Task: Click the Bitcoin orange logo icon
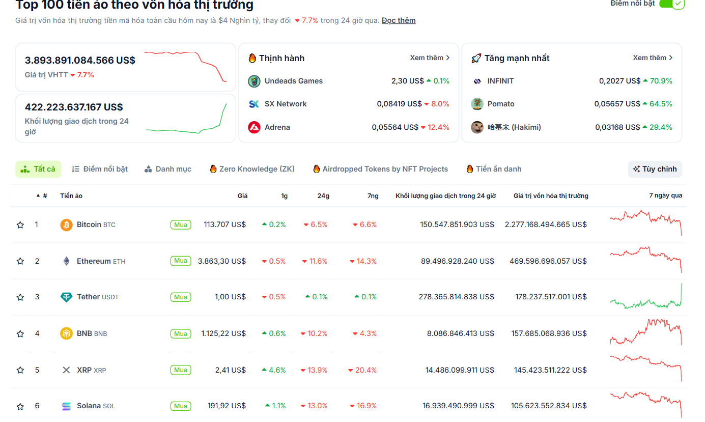coord(66,224)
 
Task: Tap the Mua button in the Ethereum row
coord(181,261)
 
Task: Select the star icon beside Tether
coord(20,297)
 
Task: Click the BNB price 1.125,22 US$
coord(223,333)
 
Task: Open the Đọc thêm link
coord(399,20)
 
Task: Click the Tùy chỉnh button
coord(655,169)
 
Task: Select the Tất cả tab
coord(38,169)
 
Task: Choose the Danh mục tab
coord(168,169)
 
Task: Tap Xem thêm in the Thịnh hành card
coord(430,58)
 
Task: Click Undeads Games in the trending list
coord(293,81)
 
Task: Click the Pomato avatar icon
coord(477,104)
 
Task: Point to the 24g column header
coord(323,196)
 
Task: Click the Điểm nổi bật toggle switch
coord(671,4)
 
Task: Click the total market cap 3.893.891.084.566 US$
coord(80,61)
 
